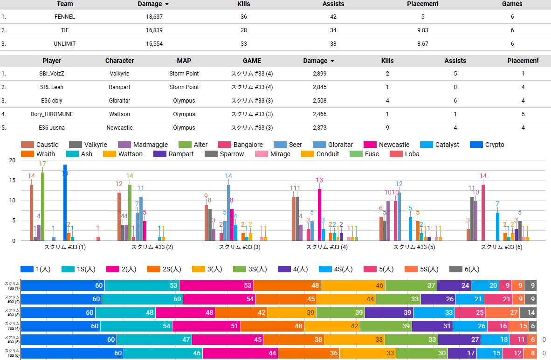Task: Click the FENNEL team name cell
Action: [64, 17]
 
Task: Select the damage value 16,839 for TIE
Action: [154, 30]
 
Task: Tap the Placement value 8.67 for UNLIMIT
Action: [422, 43]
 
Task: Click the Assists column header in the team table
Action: [333, 4]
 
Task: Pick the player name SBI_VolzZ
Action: [52, 74]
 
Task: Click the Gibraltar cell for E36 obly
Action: [120, 101]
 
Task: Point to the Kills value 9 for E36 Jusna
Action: [387, 128]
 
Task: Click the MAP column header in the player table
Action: [184, 61]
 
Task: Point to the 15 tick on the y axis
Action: [12, 180]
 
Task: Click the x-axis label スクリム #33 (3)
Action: [240, 247]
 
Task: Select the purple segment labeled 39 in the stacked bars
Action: [389, 313]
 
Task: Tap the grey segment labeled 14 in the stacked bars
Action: [531, 313]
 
